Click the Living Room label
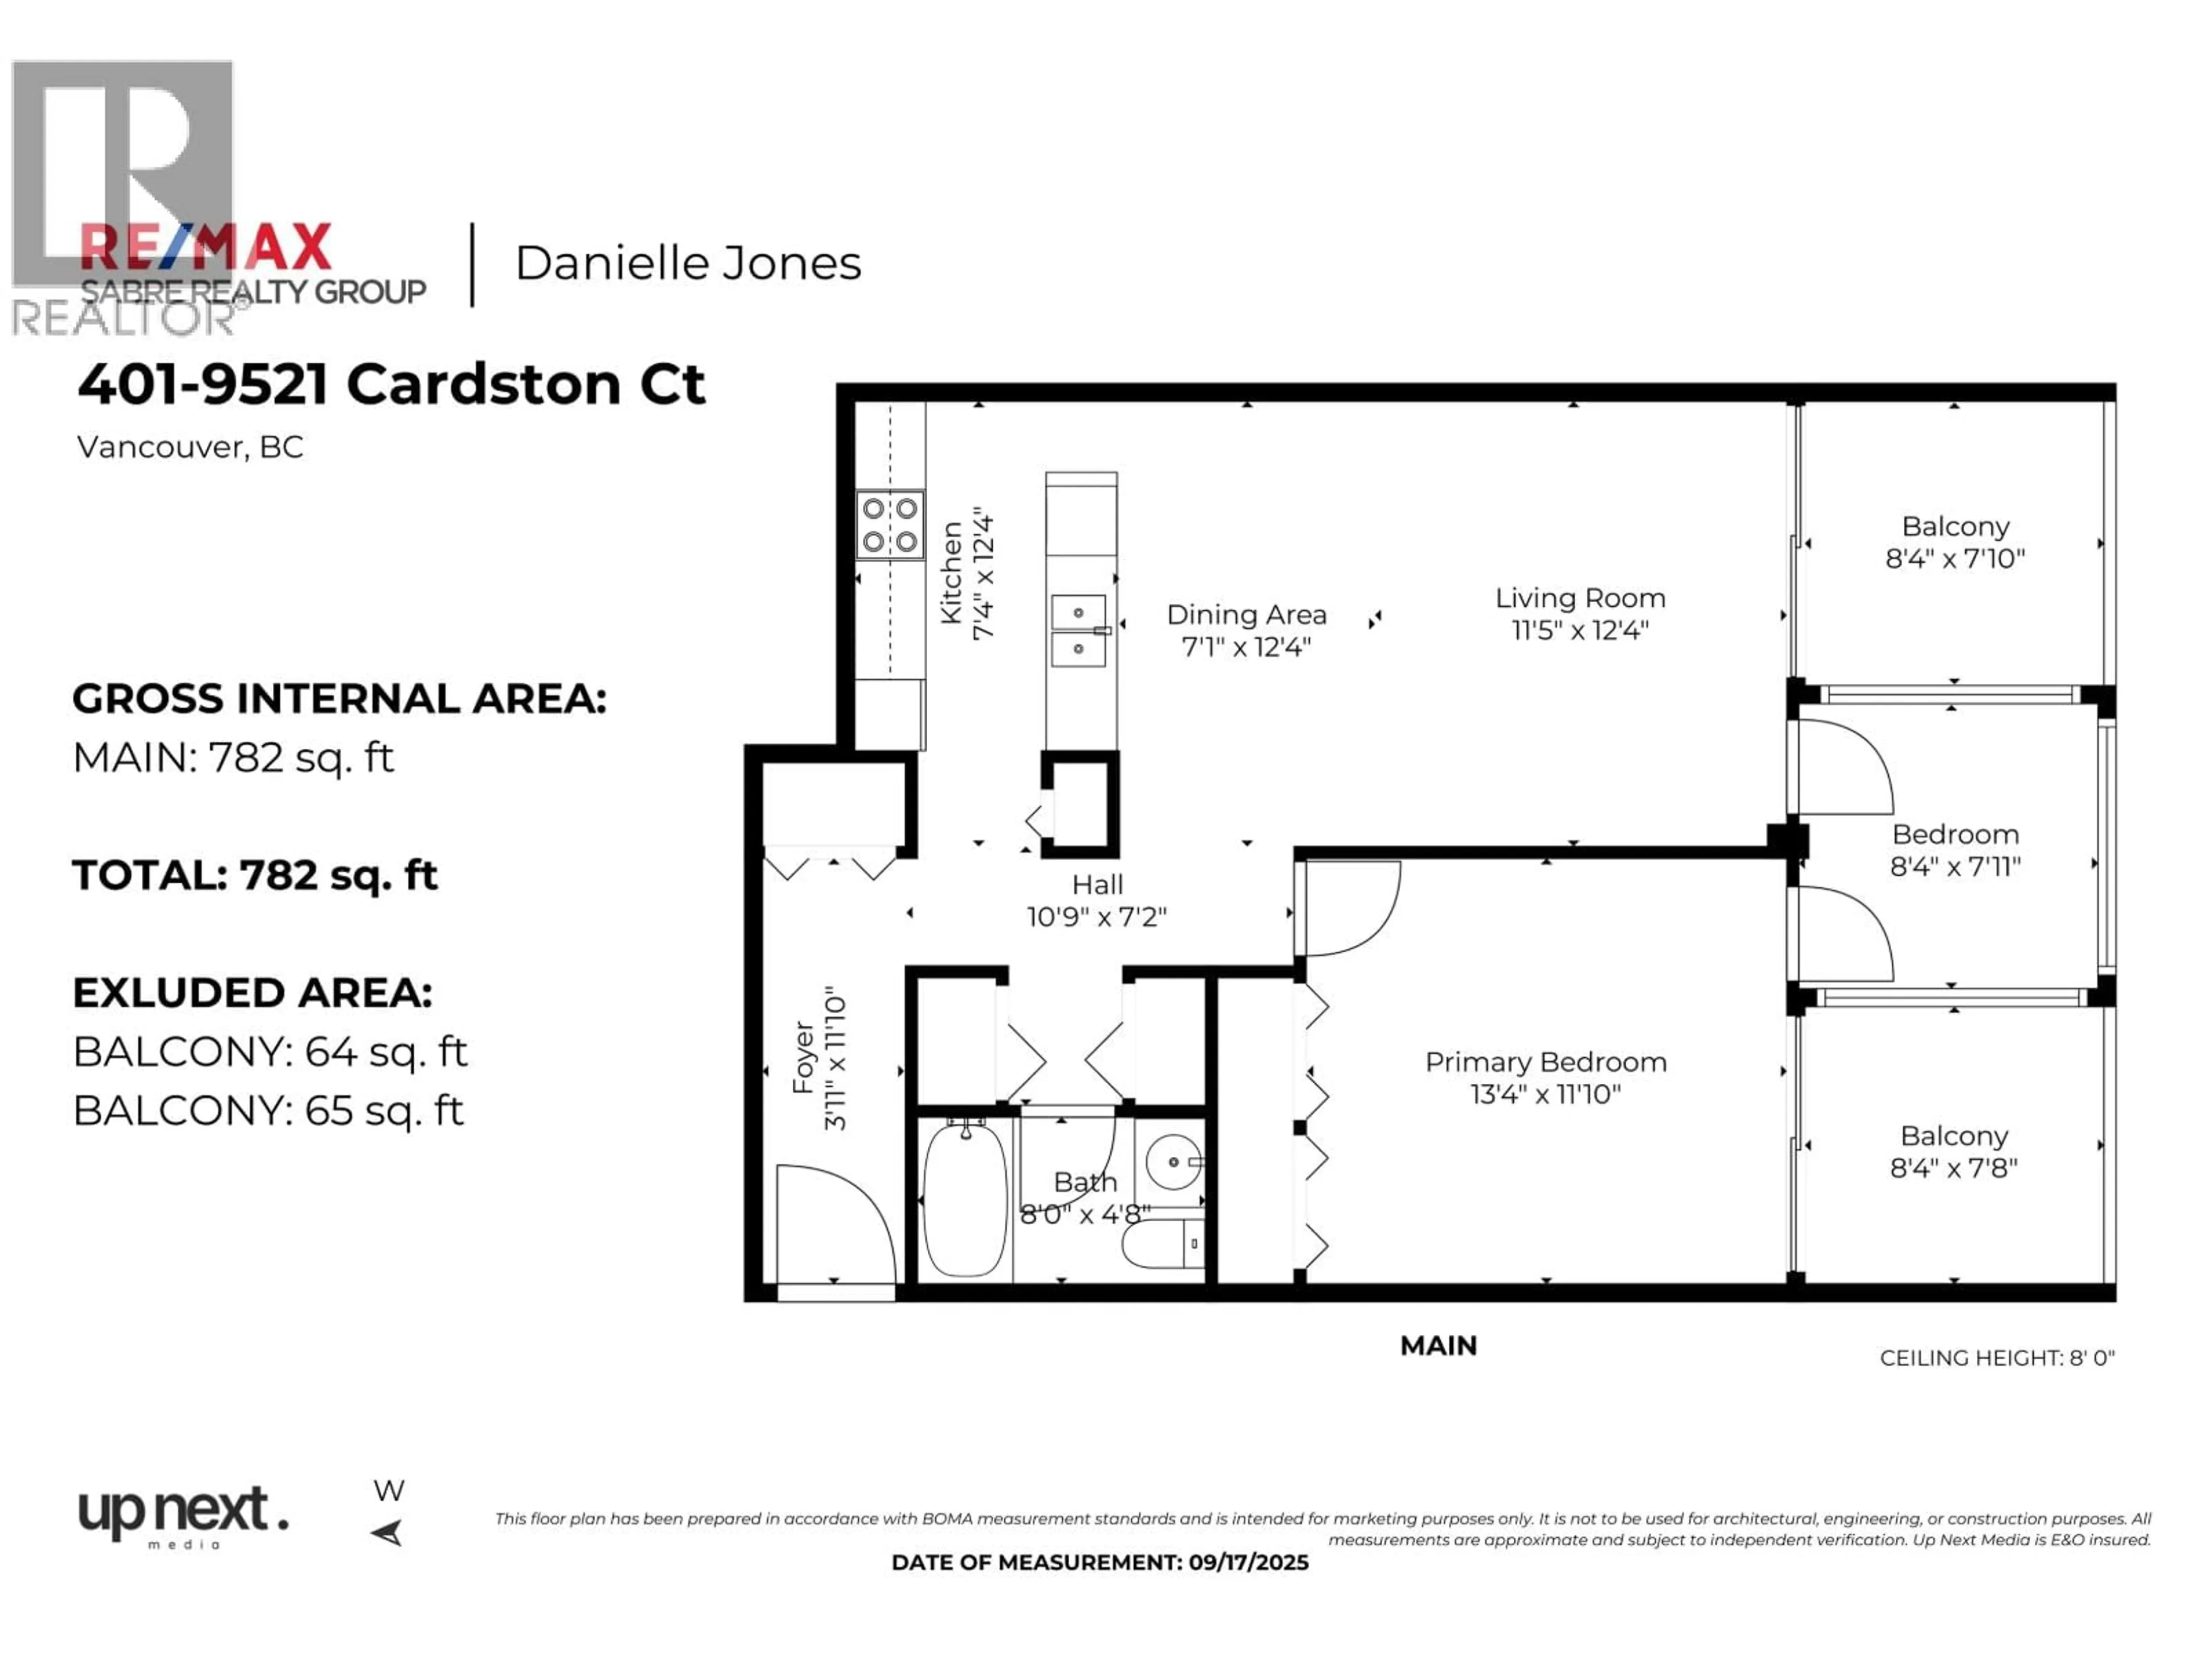pos(1580,599)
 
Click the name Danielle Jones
pos(687,263)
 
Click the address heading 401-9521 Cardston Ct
pos(392,384)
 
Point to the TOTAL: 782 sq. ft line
pos(255,875)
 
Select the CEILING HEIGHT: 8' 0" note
pos(1996,1358)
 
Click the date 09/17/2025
pos(1248,1562)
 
